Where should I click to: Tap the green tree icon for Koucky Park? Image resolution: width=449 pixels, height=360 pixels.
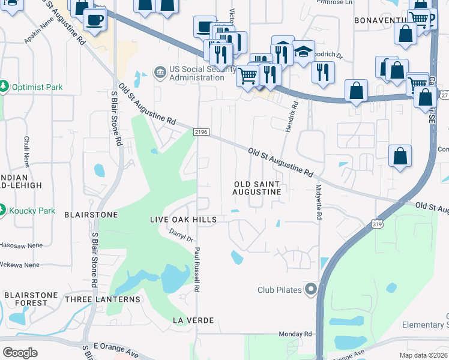pos(3,211)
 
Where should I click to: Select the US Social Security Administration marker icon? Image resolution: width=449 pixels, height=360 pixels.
pos(160,73)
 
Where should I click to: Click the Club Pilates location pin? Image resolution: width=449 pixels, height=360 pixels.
pos(310,290)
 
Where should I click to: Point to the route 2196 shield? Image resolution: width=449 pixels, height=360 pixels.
pos(200,132)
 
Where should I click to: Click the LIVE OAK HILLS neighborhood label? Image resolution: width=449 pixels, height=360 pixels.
pos(182,220)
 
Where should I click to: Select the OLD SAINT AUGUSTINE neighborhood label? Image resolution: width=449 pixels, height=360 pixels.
pos(258,187)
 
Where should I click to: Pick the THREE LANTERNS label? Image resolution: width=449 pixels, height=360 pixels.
pos(102,299)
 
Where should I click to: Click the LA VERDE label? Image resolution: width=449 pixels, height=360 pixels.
pos(193,320)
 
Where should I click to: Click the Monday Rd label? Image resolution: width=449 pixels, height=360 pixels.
pos(295,334)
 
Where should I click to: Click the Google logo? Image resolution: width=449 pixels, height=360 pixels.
pos(20,353)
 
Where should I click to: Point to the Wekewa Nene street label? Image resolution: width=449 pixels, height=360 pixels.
pos(19,265)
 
